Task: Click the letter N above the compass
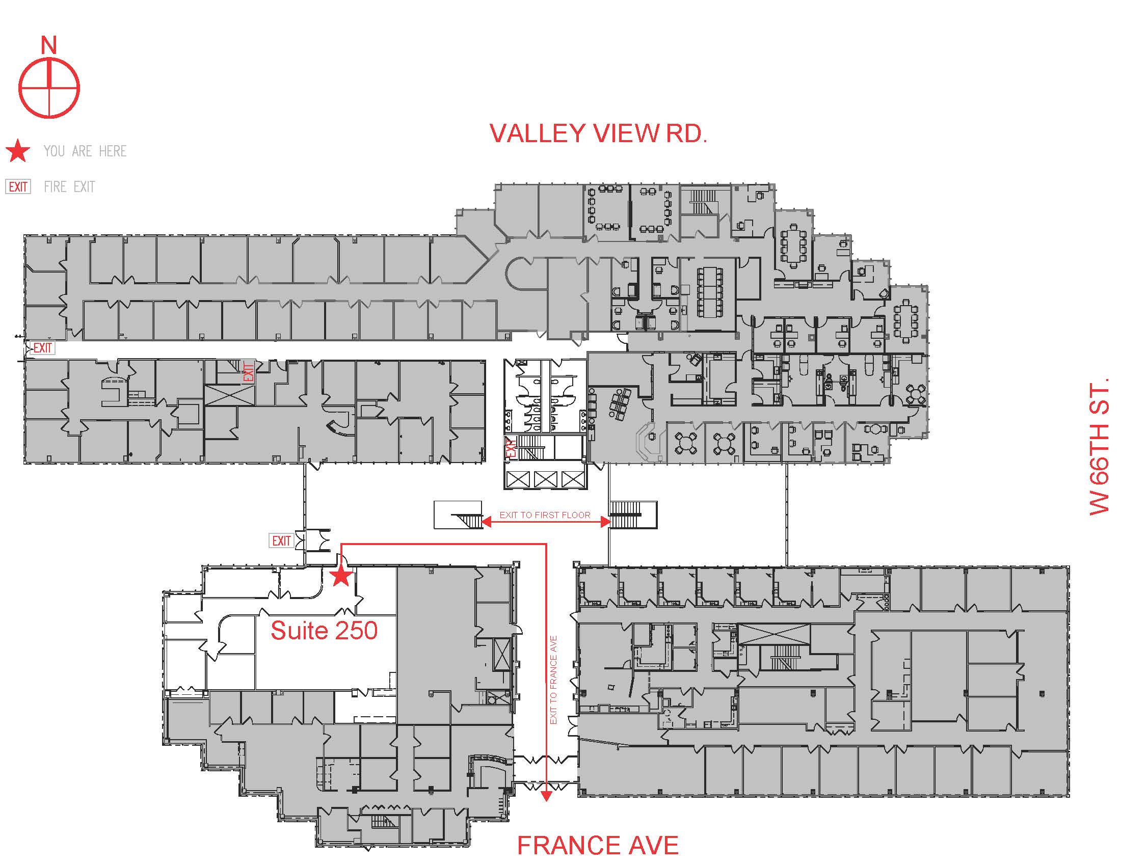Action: tap(49, 45)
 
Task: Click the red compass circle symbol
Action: tap(49, 88)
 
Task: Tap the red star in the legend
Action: tap(18, 151)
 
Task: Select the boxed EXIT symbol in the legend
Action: tap(18, 187)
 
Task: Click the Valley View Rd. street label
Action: tap(599, 133)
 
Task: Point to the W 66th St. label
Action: tap(1099, 447)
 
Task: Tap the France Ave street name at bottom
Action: tap(598, 846)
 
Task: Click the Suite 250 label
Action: tap(324, 631)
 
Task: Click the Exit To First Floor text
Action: tap(545, 515)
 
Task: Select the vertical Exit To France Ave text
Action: tap(553, 680)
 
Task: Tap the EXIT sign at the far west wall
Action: tap(42, 348)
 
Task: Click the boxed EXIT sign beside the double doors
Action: tap(281, 540)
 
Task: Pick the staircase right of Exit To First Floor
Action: tap(625, 515)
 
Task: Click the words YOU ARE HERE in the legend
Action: tap(85, 151)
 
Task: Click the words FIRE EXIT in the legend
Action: tap(69, 187)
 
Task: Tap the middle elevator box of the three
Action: tap(545, 479)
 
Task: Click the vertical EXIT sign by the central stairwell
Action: tap(510, 447)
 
